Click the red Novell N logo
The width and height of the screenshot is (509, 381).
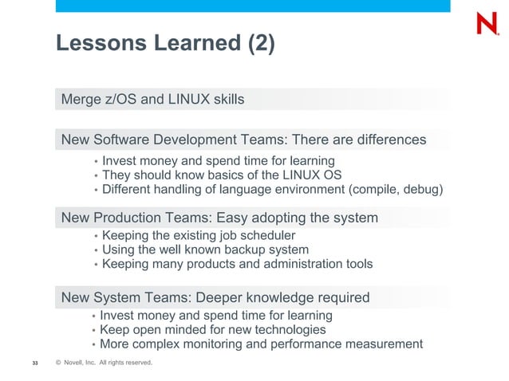click(x=487, y=23)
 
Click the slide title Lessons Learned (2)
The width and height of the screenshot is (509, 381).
click(x=165, y=45)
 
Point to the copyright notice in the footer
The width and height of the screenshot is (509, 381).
click(x=103, y=363)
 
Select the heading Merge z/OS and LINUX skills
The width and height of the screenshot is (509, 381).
click(x=152, y=100)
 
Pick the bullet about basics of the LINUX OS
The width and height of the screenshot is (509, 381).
click(x=222, y=175)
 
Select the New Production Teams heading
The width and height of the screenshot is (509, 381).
click(x=219, y=218)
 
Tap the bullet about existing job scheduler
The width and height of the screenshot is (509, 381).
click(x=199, y=235)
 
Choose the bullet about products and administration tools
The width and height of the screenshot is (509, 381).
click(x=237, y=264)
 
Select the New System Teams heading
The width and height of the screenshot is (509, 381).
click(x=215, y=298)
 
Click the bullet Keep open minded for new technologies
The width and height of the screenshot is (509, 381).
click(x=213, y=329)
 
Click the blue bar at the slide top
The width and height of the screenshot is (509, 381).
click(x=252, y=6)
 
